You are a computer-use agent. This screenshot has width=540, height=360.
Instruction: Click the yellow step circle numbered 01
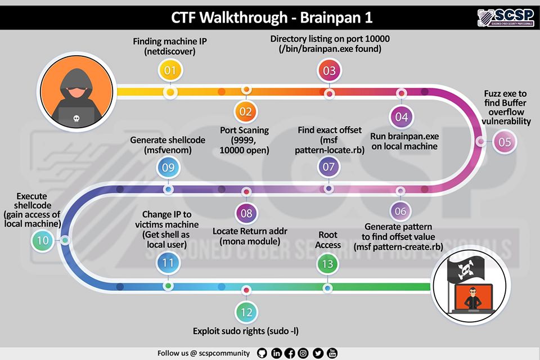(x=170, y=71)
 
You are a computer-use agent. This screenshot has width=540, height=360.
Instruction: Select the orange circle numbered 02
(x=246, y=111)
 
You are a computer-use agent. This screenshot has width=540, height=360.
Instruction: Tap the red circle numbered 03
(x=329, y=71)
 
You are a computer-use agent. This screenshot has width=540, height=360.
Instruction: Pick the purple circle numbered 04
(x=401, y=118)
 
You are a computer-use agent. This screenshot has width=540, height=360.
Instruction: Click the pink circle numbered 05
(x=505, y=142)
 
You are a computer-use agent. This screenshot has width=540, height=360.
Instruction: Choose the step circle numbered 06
(x=401, y=211)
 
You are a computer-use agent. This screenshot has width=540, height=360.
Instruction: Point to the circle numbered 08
(x=246, y=213)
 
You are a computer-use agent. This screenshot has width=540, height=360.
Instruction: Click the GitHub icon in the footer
(x=261, y=353)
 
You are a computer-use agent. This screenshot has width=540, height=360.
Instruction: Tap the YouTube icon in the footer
(x=332, y=353)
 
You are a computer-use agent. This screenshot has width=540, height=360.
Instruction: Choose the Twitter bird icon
(x=318, y=353)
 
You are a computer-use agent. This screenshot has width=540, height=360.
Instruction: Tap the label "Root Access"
(x=328, y=240)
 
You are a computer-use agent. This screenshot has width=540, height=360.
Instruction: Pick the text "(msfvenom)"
(x=168, y=150)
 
